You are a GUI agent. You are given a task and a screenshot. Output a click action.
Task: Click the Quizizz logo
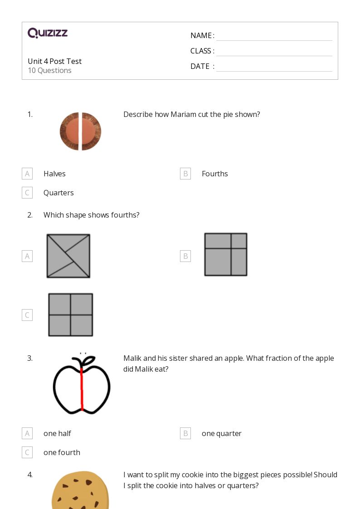[x=48, y=33]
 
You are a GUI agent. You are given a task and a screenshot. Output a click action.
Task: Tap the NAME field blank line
[x=274, y=36]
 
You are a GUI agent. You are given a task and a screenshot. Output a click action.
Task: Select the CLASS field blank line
[x=274, y=51]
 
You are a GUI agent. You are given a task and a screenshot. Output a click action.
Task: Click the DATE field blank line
[x=274, y=67]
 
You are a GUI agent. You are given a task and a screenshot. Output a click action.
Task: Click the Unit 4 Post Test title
[x=54, y=61]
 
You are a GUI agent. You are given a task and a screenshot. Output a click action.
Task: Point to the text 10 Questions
[x=49, y=70]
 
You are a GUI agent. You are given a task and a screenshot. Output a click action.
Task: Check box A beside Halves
[x=27, y=174]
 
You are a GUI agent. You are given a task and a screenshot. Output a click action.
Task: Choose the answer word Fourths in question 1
[x=214, y=174]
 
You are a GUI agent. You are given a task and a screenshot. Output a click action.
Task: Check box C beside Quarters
[x=27, y=193]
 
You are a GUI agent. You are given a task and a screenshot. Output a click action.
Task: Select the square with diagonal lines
[x=68, y=256]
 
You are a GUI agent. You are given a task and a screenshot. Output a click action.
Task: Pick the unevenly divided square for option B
[x=226, y=254]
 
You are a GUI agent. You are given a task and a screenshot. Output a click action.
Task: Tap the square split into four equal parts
[x=71, y=315]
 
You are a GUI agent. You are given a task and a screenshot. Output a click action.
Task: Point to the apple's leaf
[x=89, y=360]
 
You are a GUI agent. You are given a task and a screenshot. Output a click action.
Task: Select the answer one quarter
[x=221, y=433]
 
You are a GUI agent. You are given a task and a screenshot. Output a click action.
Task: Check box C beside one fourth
[x=27, y=452]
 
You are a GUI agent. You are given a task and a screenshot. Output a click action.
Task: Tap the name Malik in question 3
[x=133, y=358]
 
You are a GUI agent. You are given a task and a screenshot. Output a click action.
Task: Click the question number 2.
[x=30, y=215]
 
